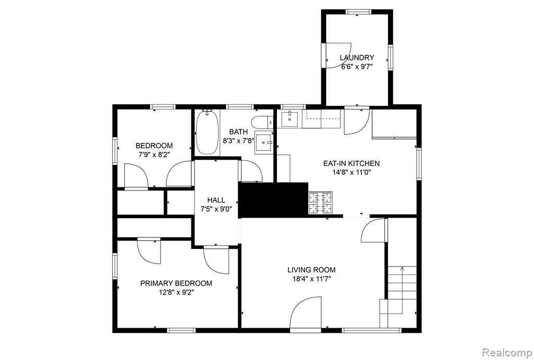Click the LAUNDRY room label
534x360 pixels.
tap(357, 57)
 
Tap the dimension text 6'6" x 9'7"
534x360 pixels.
tap(357, 66)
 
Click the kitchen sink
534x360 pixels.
tap(289, 118)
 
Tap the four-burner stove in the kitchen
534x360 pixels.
tap(320, 203)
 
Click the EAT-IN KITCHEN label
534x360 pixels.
tap(351, 163)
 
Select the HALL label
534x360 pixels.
tap(216, 200)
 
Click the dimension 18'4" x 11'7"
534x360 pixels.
tap(311, 279)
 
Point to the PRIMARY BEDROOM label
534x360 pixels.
tap(176, 283)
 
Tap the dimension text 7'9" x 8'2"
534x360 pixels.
tap(154, 154)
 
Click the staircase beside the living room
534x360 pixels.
tap(398, 296)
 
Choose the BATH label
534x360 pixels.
tap(238, 132)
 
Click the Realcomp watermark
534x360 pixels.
tap(508, 352)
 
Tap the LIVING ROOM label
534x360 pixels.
tap(311, 270)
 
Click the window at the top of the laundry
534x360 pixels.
tap(358, 11)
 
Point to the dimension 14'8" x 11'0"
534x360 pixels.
tap(351, 172)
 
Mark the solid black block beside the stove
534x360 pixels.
tap(273, 200)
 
